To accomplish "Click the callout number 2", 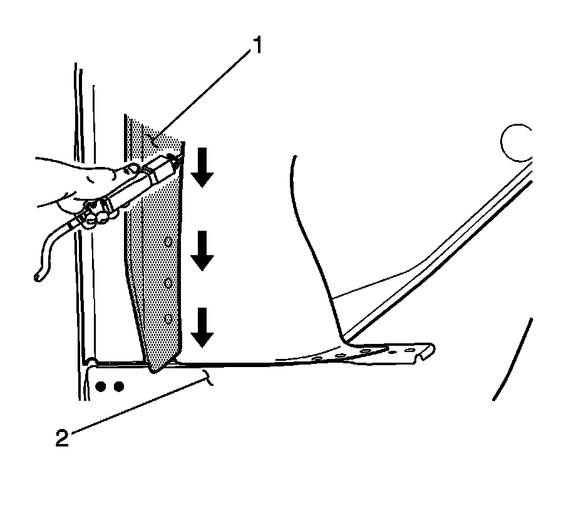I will click(x=61, y=438).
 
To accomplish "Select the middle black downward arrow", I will click(x=202, y=250).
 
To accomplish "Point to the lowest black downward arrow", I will click(x=202, y=327).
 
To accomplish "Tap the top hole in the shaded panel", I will click(x=168, y=241).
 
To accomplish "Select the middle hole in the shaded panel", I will click(x=167, y=283).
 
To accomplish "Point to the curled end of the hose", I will click(x=39, y=274).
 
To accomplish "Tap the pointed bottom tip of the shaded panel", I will click(x=154, y=370).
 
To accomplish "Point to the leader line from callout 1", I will click(x=200, y=94).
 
